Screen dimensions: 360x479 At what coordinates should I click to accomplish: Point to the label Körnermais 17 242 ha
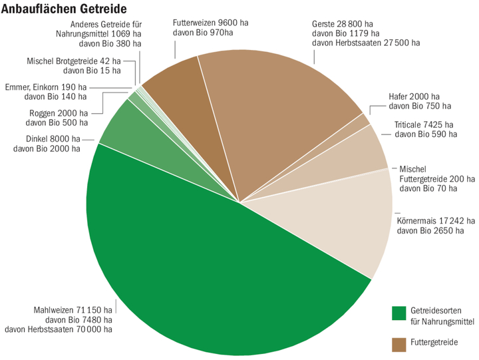(435, 220)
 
